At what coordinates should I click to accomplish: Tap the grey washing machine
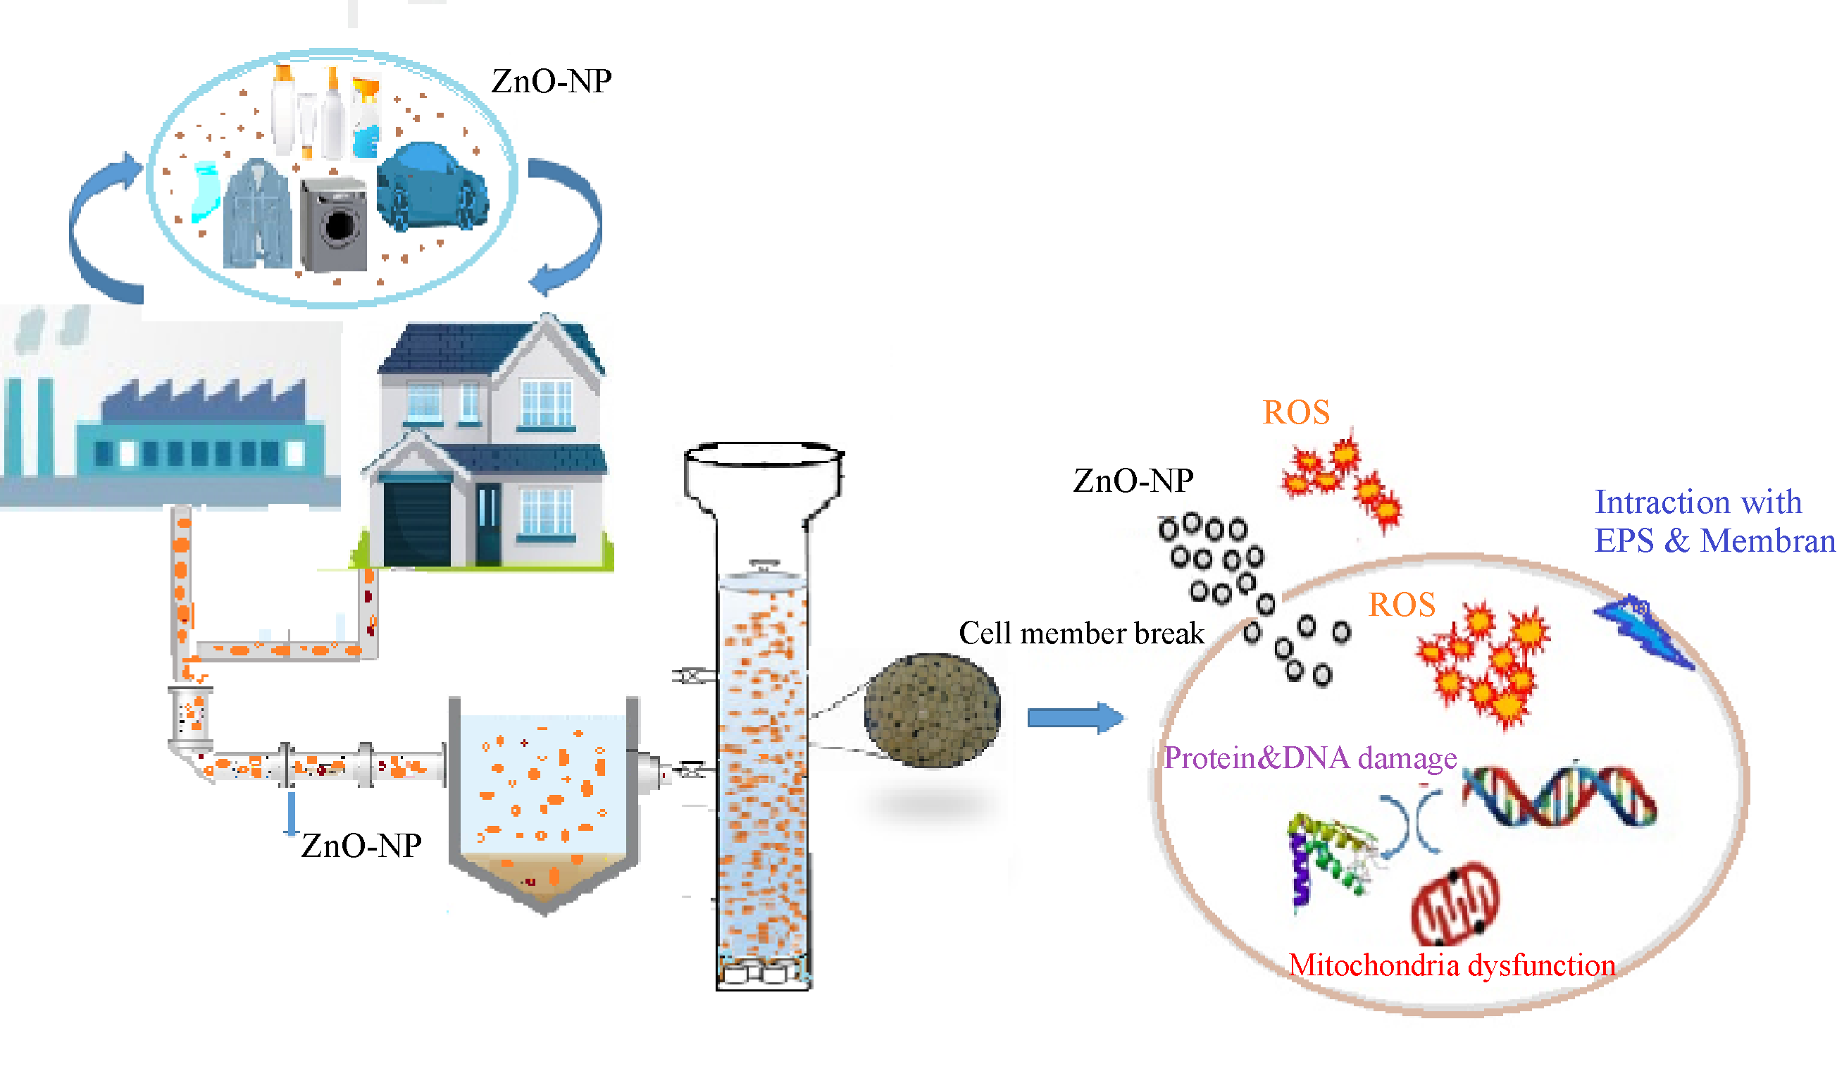[x=333, y=224]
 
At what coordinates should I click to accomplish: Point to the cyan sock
[x=206, y=192]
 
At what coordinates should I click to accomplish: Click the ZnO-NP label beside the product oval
[x=551, y=81]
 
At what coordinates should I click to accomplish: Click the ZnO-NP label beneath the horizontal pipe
[x=361, y=846]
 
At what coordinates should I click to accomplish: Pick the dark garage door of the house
[x=416, y=524]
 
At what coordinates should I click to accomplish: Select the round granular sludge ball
[x=932, y=710]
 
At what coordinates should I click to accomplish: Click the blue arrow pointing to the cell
[x=1074, y=718]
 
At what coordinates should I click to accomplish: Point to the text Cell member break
[x=1081, y=634]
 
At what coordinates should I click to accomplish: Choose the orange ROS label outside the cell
[x=1296, y=413]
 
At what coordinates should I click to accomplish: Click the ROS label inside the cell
[x=1401, y=605]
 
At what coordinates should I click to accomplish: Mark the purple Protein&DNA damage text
[x=1310, y=758]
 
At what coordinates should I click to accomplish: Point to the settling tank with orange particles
[x=544, y=802]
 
